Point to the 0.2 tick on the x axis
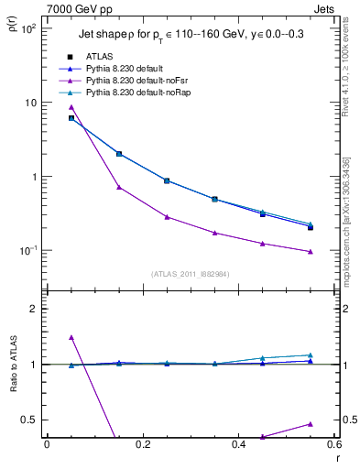[142, 444]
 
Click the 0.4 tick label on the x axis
[238, 444]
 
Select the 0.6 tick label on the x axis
[333, 444]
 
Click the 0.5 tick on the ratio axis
[29, 420]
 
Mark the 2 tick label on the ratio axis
[32, 309]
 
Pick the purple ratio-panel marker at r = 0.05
[71, 337]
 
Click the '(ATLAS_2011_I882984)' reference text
[191, 273]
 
